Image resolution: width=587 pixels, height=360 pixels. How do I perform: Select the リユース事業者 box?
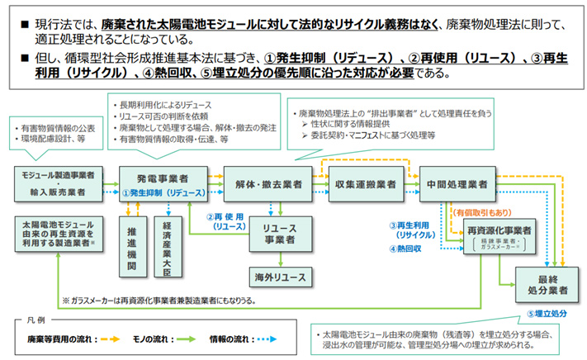[x=279, y=234]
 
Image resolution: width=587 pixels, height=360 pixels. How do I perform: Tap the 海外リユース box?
[x=279, y=275]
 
